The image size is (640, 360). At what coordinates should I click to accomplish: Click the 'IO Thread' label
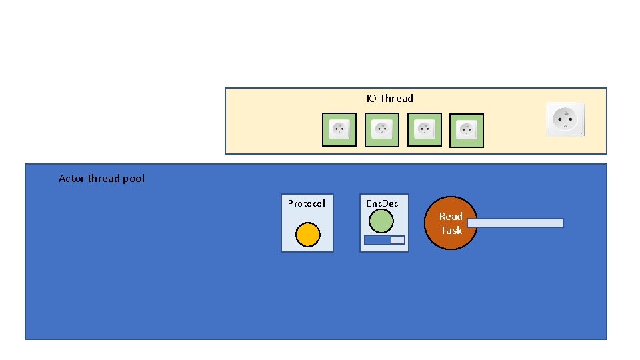pos(389,99)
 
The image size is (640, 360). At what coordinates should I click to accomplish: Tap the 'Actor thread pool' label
pos(101,179)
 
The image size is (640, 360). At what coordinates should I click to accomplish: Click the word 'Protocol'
pos(307,203)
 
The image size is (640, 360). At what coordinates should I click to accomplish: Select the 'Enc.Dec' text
pos(383,203)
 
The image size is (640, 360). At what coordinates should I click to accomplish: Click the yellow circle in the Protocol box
pos(307,235)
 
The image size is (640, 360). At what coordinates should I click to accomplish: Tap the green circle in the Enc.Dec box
pos(381,221)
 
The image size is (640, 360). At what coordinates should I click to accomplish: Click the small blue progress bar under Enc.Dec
pos(384,240)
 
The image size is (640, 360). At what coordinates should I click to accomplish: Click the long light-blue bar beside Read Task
pos(515,223)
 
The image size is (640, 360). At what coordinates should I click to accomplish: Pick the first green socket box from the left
pos(339,129)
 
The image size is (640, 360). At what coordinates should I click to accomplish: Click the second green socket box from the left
pos(382,129)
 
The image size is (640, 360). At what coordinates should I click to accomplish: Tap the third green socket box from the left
pos(425,129)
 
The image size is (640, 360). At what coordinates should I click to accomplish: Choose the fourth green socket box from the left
pos(467,130)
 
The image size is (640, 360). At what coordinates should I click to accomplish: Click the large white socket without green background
pos(565,119)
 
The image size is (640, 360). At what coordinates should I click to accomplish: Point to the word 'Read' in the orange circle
pos(451,216)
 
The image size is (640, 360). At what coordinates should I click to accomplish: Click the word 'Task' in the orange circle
pos(451,231)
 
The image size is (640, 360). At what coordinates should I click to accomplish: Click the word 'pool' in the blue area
pos(133,179)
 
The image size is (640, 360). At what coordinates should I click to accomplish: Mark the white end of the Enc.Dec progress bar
pos(397,240)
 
